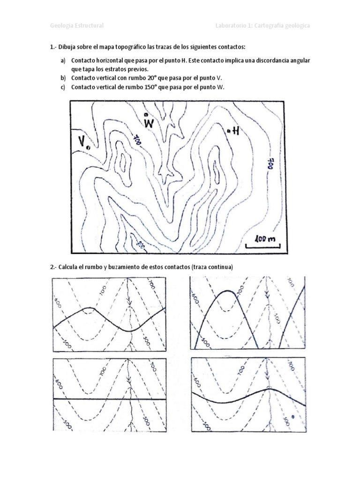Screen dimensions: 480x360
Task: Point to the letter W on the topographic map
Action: (149, 123)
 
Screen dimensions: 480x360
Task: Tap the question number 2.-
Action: (52, 267)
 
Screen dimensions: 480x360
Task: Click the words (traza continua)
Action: (212, 267)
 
